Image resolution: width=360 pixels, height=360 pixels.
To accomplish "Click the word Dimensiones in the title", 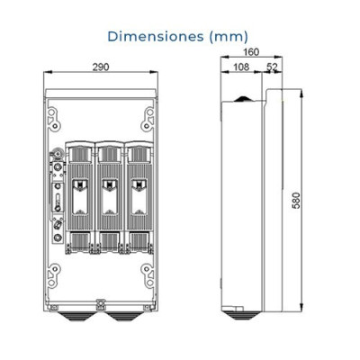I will pyautogui.click(x=154, y=37).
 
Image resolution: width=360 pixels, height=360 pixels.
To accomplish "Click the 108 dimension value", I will pyautogui.click(x=241, y=67).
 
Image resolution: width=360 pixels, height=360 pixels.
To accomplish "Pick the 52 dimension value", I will pyautogui.click(x=271, y=67).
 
